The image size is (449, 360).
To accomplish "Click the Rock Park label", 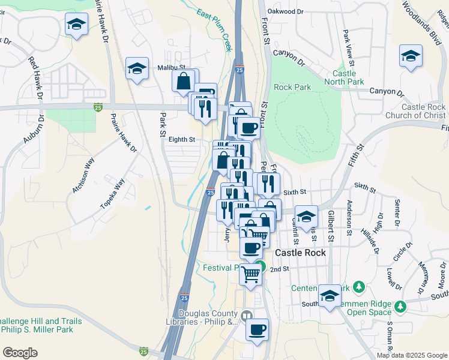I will click(x=292, y=87).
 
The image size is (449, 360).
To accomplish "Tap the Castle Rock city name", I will click(x=300, y=253).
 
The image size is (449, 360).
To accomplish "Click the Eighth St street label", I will click(x=182, y=139).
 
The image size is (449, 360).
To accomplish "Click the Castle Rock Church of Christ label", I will click(x=424, y=111).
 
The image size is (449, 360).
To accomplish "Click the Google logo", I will click(x=20, y=352).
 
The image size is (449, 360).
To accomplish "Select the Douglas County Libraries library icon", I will click(x=247, y=315).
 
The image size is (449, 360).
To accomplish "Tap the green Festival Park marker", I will click(x=259, y=267).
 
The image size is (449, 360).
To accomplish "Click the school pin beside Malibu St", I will click(x=137, y=68).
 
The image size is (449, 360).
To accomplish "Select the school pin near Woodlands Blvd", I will click(x=411, y=56).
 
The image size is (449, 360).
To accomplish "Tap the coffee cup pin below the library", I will click(x=257, y=329).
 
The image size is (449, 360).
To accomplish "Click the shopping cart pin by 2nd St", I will click(x=251, y=274).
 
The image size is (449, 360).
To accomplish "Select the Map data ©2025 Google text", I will click(x=411, y=355).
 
